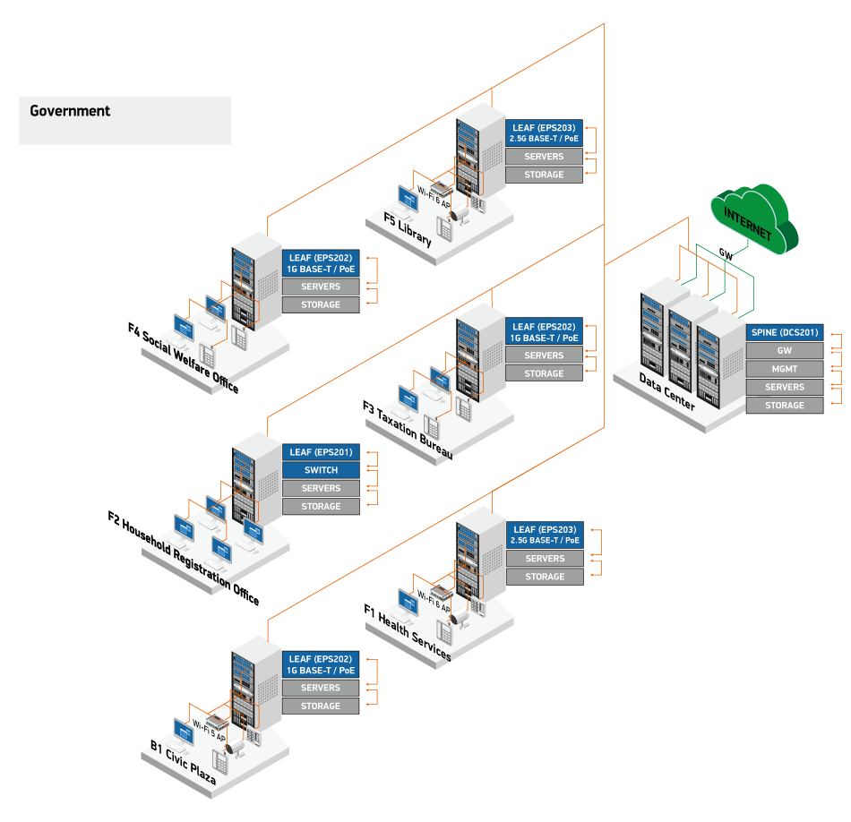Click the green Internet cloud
pyautogui.click(x=752, y=219)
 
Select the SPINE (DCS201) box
pyautogui.click(x=784, y=332)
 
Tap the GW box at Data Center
pyautogui.click(x=784, y=351)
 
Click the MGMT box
pyautogui.click(x=784, y=369)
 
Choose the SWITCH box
pyautogui.click(x=321, y=470)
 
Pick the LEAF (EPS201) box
pyautogui.click(x=321, y=452)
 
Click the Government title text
pyautogui.click(x=70, y=111)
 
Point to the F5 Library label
pyautogui.click(x=408, y=230)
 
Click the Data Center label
pyautogui.click(x=666, y=392)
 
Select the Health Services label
pyautogui.click(x=414, y=637)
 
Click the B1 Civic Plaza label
pyautogui.click(x=184, y=764)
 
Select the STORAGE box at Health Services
pyautogui.click(x=545, y=577)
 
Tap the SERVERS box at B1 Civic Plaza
pyautogui.click(x=321, y=688)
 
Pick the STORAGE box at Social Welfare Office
pyautogui.click(x=321, y=304)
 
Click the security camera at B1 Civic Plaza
pyautogui.click(x=236, y=748)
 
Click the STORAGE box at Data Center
pyautogui.click(x=784, y=406)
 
